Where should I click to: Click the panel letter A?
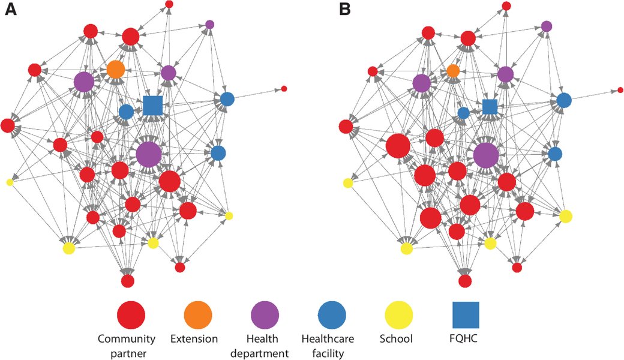click(11, 9)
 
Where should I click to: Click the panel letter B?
click(344, 9)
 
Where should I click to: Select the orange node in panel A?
click(116, 70)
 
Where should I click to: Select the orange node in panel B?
click(453, 71)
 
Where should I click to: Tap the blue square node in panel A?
click(153, 106)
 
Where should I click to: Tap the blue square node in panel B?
click(490, 107)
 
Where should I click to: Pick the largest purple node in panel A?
click(149, 154)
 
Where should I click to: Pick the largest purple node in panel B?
click(486, 155)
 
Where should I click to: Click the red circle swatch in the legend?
click(131, 314)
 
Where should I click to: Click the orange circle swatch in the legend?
click(198, 314)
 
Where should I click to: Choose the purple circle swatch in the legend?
click(265, 314)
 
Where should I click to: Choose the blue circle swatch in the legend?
click(332, 314)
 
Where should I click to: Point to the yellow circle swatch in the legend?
click(399, 314)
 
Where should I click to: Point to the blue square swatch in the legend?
click(466, 314)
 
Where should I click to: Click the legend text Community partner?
click(127, 346)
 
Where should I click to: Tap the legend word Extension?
click(194, 339)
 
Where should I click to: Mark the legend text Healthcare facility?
click(328, 346)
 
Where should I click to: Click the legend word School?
click(396, 339)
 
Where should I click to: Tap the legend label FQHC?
click(466, 339)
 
